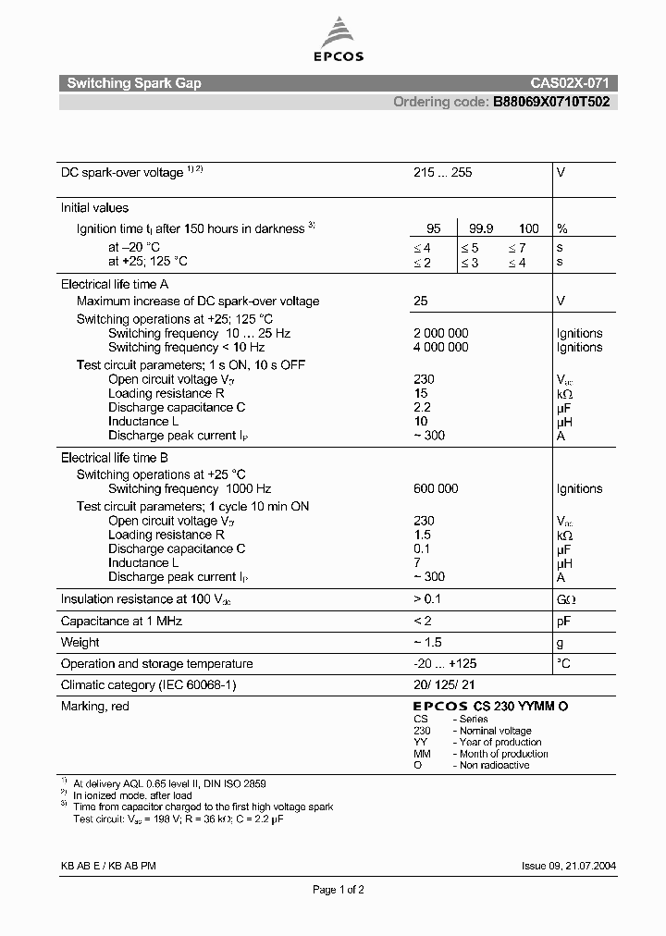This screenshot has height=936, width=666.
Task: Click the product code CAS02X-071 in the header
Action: pyautogui.click(x=570, y=83)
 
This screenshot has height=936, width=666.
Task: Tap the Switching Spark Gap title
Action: pyautogui.click(x=134, y=83)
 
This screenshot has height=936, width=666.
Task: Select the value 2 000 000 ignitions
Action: pyautogui.click(x=440, y=333)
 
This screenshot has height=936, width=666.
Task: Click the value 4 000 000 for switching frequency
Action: pyautogui.click(x=440, y=347)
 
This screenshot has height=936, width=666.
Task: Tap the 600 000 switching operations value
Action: pyautogui.click(x=436, y=488)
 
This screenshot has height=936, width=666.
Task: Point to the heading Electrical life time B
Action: pyautogui.click(x=115, y=458)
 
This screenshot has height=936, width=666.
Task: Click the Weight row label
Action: pyautogui.click(x=80, y=642)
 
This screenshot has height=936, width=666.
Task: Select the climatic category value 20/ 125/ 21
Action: pyautogui.click(x=444, y=685)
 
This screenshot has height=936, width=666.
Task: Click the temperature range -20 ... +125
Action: pyautogui.click(x=445, y=663)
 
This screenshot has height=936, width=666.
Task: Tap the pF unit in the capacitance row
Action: pyautogui.click(x=562, y=621)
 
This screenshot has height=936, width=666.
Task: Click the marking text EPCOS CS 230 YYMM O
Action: pyautogui.click(x=490, y=707)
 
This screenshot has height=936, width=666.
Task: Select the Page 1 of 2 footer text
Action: pyautogui.click(x=338, y=890)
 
